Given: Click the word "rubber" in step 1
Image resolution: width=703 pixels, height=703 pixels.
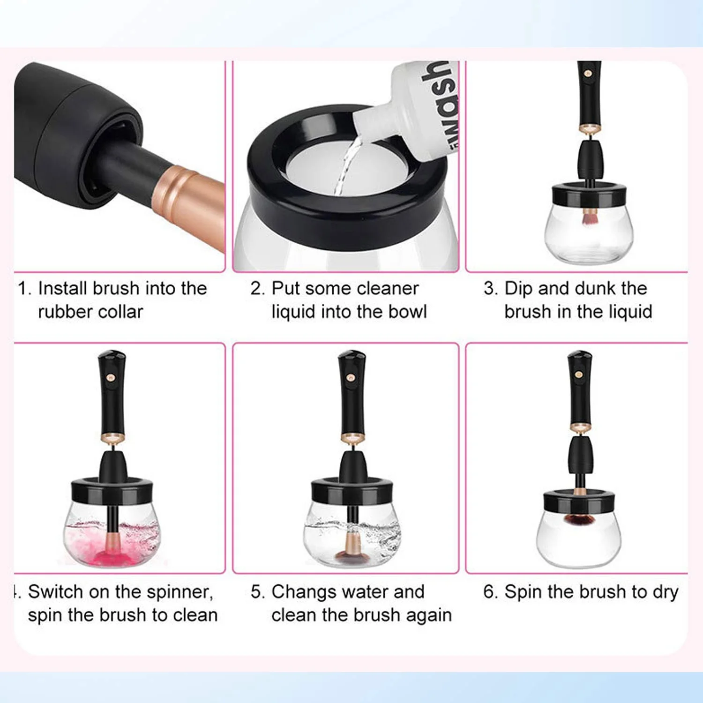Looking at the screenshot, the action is pos(65,311).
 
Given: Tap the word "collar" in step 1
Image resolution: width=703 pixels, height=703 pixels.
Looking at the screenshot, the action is pos(120,311).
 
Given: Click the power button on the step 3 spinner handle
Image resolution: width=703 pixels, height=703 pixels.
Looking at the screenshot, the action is pos(587,73).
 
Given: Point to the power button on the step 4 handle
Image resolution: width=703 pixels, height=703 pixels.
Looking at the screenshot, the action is pos(110,377).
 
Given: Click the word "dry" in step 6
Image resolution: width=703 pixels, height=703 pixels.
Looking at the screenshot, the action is pos(666,592).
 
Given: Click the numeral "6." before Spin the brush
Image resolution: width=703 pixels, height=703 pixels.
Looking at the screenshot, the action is pos(490,591).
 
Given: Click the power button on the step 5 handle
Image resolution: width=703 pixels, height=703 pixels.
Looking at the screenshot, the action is pos(350,377).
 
